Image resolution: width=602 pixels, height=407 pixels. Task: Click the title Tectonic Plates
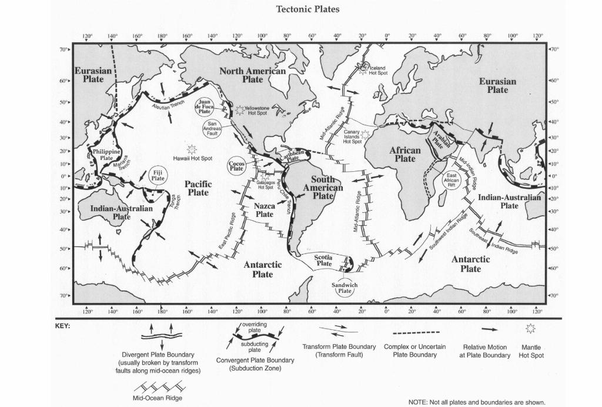[307, 9]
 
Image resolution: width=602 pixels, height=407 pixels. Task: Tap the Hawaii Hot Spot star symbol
[191, 149]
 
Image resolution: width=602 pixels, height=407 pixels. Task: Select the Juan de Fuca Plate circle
[205, 106]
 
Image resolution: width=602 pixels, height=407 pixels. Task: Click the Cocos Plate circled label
[236, 165]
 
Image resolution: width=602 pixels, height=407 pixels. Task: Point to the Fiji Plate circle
[158, 175]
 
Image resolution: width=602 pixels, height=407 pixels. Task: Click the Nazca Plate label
[265, 210]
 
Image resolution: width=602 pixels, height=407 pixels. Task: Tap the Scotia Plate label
[324, 260]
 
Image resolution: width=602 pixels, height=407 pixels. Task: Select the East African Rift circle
[451, 180]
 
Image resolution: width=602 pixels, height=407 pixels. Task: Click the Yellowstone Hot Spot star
[239, 109]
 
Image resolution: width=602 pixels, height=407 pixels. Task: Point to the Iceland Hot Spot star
[364, 70]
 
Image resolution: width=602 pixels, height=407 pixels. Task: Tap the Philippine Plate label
[106, 155]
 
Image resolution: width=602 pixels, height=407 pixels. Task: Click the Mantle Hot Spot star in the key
[530, 329]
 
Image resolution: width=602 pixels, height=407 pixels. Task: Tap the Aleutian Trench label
[169, 106]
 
